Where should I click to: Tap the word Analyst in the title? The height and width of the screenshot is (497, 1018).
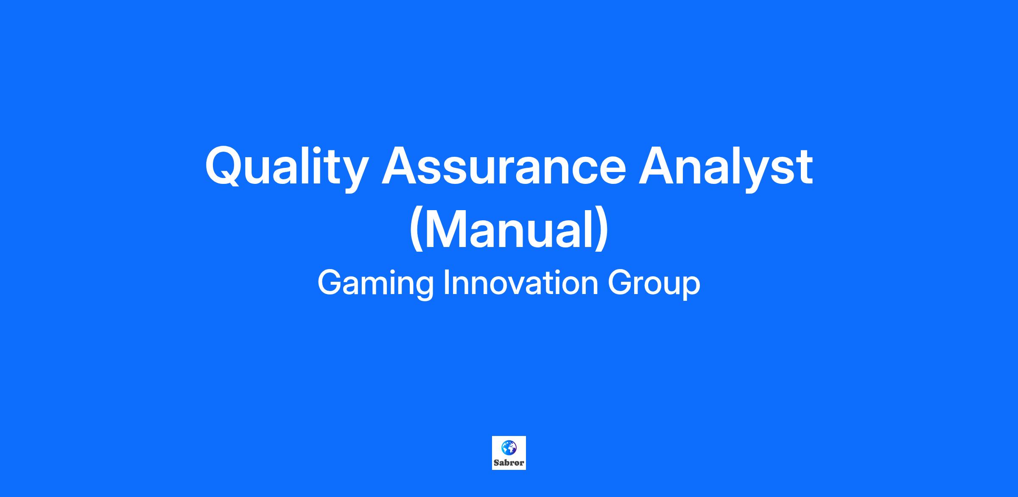(726, 168)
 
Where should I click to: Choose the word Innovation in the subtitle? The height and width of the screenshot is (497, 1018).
(521, 283)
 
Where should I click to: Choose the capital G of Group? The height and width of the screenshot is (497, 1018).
(620, 283)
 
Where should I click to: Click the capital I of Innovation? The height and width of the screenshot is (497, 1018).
(446, 283)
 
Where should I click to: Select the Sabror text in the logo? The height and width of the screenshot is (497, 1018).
(509, 463)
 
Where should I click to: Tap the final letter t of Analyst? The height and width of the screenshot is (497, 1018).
(805, 168)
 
